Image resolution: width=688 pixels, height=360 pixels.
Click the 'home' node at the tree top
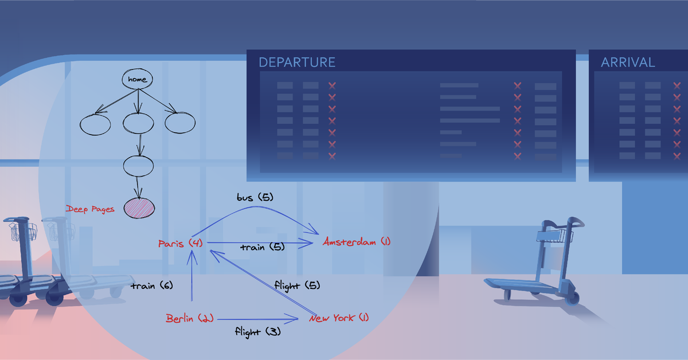tap(138, 79)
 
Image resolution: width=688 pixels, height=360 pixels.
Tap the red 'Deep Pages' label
tap(90, 209)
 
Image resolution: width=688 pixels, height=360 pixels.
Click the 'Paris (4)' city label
tap(180, 244)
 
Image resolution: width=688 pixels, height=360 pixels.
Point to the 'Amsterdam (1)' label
tap(356, 242)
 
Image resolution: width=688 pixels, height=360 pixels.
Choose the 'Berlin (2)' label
tap(190, 318)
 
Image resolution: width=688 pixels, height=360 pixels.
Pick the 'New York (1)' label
tap(339, 318)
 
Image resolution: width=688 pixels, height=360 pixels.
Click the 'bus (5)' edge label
tap(255, 197)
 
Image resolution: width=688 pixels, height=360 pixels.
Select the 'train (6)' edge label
tap(151, 285)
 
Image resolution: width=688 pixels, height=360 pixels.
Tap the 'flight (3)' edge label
tap(257, 331)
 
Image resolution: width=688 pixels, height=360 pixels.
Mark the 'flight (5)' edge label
tap(297, 285)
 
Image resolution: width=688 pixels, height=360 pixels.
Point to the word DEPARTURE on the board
tap(297, 62)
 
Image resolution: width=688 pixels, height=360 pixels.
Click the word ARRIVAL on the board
tap(628, 62)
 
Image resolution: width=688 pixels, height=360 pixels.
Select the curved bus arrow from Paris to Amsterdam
tap(252, 209)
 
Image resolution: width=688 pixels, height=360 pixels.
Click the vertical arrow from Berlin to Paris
tap(190, 281)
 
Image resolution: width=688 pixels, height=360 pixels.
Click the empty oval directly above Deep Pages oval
tap(139, 166)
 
